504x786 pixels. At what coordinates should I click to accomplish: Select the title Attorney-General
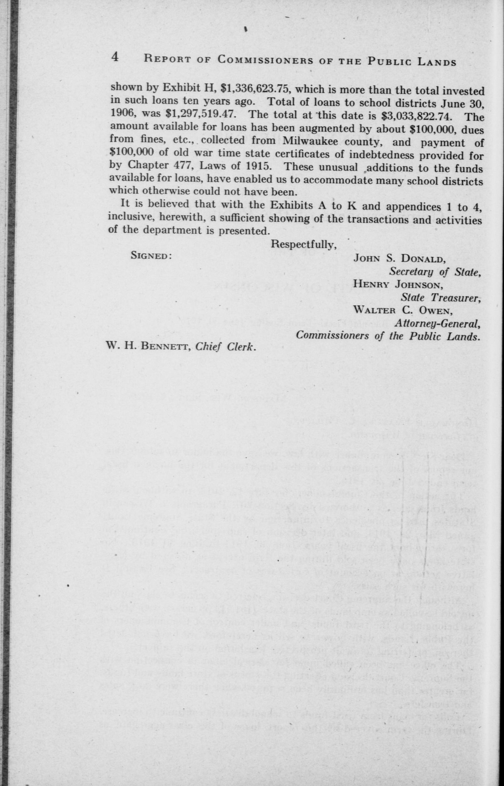click(x=438, y=324)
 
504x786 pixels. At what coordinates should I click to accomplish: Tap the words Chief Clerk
click(x=225, y=347)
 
